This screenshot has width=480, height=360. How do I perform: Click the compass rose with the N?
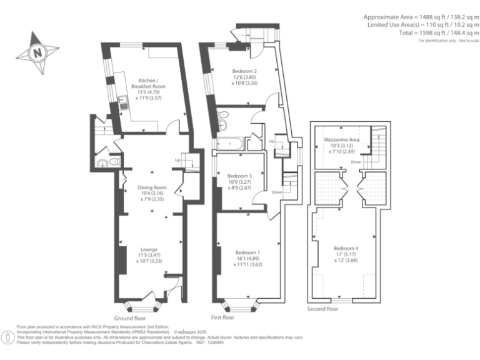pos(38,52)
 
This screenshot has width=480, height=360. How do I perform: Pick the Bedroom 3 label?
pos(239,176)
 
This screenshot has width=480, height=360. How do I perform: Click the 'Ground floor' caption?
pos(131,317)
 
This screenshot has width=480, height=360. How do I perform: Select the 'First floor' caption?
pos(223,317)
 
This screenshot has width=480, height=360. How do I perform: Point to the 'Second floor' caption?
pos(323,309)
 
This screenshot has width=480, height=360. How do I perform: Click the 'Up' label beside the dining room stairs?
pos(178,161)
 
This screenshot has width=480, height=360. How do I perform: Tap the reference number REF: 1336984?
pos(211,342)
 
